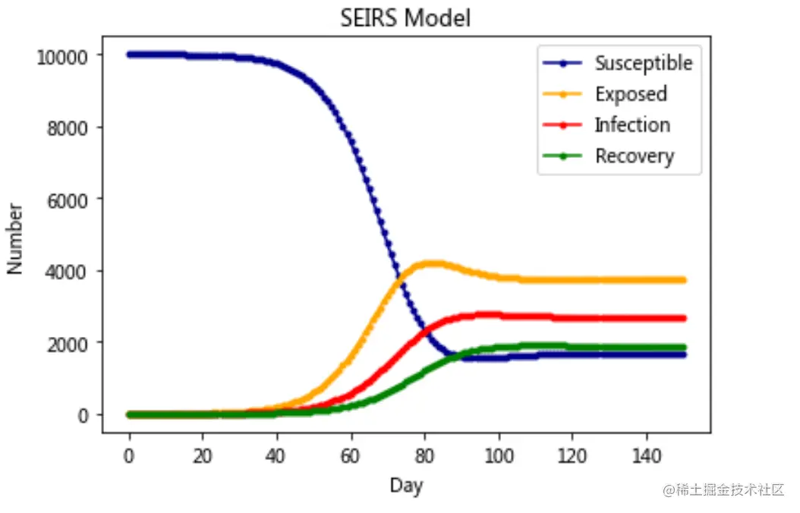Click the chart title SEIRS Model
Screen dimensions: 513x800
point(405,17)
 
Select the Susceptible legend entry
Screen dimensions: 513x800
point(643,63)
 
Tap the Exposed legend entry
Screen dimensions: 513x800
point(631,94)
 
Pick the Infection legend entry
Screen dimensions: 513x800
point(631,125)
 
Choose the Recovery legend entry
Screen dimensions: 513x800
point(634,156)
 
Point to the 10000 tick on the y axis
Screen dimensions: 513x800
point(64,55)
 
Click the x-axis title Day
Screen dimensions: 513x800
point(406,485)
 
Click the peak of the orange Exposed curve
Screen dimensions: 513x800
point(430,264)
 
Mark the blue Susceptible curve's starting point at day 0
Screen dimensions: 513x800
point(130,55)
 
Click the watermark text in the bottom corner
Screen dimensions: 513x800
point(723,490)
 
